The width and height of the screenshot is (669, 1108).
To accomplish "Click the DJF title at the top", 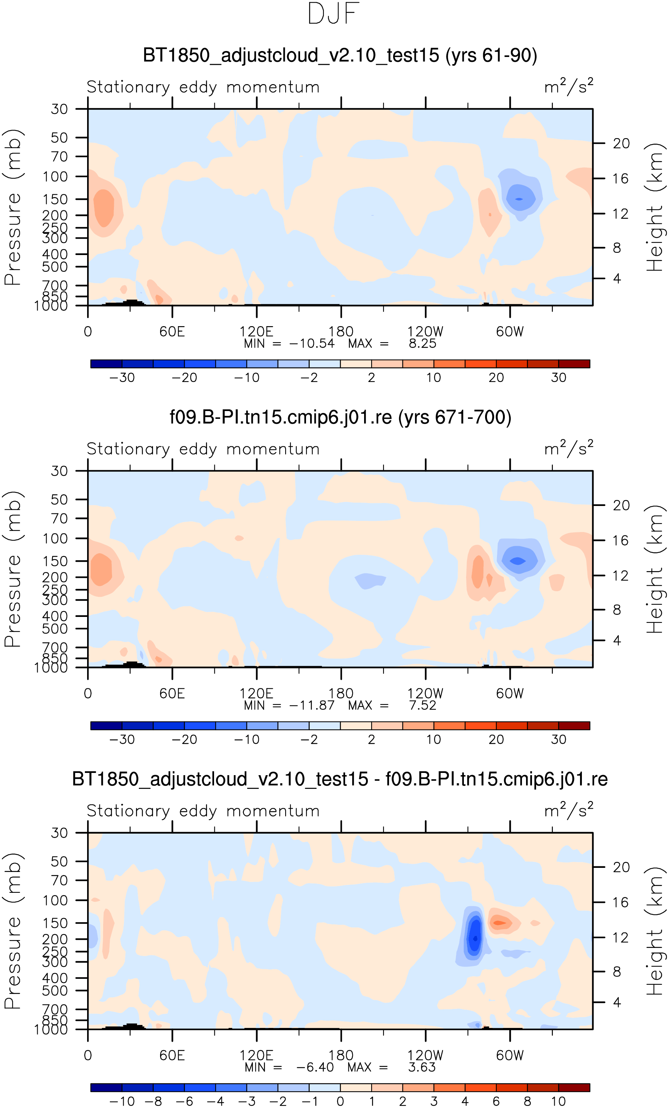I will (334, 14).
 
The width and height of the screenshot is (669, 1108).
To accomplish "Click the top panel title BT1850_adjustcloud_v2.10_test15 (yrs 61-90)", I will (340, 56).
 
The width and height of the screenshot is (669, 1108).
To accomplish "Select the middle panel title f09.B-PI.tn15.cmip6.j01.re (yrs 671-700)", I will (340, 417).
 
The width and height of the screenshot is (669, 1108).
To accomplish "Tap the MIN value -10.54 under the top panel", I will (312, 344).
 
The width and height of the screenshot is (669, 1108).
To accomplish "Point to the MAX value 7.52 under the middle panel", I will (423, 705).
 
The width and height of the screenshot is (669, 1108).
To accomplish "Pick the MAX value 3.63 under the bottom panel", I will (422, 1067).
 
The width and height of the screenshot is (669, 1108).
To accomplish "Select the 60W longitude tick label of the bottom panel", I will (509, 1056).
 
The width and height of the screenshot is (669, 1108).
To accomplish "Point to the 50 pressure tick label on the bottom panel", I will (59, 862).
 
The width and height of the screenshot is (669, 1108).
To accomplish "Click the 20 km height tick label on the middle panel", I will (621, 506).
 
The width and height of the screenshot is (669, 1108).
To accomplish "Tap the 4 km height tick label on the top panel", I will (617, 279).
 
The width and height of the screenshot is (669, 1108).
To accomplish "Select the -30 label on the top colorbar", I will (122, 378).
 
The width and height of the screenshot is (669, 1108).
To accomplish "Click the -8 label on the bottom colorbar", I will (153, 1101).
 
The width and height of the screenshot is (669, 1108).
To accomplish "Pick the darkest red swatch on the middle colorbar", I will (574, 726).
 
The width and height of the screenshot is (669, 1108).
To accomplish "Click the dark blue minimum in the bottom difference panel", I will (475, 939).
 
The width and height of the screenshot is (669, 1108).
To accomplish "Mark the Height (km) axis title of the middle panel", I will (654, 569).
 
